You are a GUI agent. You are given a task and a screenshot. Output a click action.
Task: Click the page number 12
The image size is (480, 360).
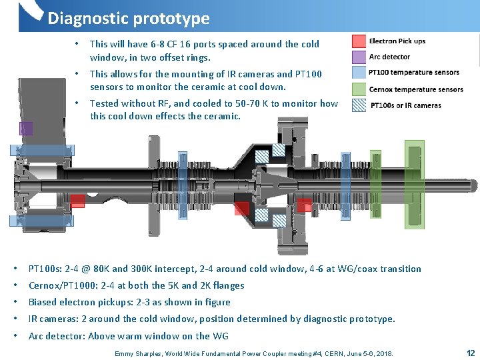point(471,352)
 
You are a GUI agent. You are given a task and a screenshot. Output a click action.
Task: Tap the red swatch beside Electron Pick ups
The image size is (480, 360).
point(359,41)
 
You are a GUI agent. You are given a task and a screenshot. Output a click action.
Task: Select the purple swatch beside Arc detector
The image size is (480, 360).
point(359,57)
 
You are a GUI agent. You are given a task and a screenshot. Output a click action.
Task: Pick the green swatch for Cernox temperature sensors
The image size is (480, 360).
point(359,89)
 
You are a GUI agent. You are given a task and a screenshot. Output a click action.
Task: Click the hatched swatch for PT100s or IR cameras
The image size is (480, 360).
point(359,105)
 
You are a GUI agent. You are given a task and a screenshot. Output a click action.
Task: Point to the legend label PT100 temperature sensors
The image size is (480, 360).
point(414,73)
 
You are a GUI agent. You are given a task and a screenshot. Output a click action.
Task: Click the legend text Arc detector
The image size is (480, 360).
point(390,57)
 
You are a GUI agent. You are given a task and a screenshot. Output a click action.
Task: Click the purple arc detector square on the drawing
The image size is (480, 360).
point(26,129)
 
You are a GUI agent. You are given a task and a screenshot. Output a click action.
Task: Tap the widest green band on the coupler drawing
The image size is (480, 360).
point(414,175)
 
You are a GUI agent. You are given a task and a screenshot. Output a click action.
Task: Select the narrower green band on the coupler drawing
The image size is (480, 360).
point(376,175)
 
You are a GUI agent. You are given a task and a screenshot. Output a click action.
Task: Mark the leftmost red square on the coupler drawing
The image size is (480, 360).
point(77,201)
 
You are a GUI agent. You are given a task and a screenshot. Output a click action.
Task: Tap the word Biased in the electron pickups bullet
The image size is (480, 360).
point(43,302)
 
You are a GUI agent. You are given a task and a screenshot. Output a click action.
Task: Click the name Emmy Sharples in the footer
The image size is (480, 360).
point(139,353)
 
